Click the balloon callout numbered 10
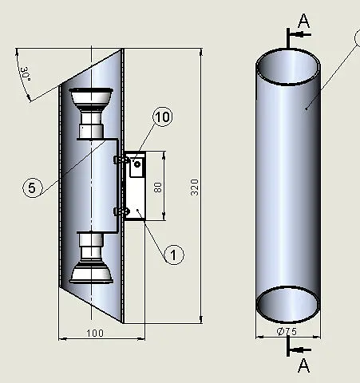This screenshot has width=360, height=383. click(161, 117)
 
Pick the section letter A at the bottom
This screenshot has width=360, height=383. click(303, 365)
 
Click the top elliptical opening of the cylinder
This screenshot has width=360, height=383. click(289, 69)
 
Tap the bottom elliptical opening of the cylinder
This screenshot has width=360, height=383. click(288, 302)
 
